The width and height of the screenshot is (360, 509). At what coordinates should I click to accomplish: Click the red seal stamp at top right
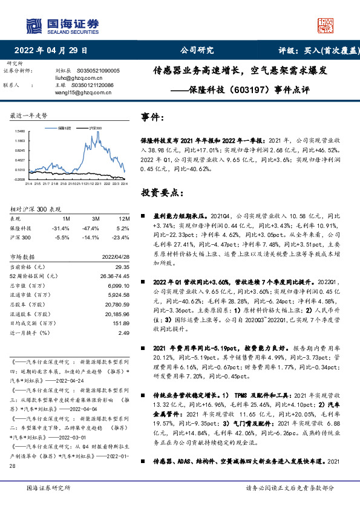pyautogui.click(x=325, y=25)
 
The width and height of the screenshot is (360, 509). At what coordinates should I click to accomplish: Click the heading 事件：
pyautogui.click(x=153, y=116)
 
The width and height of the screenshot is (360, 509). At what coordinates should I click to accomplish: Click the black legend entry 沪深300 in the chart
pyautogui.click(x=94, y=128)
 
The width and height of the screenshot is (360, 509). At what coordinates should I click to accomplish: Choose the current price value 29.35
pyautogui.click(x=123, y=267)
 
